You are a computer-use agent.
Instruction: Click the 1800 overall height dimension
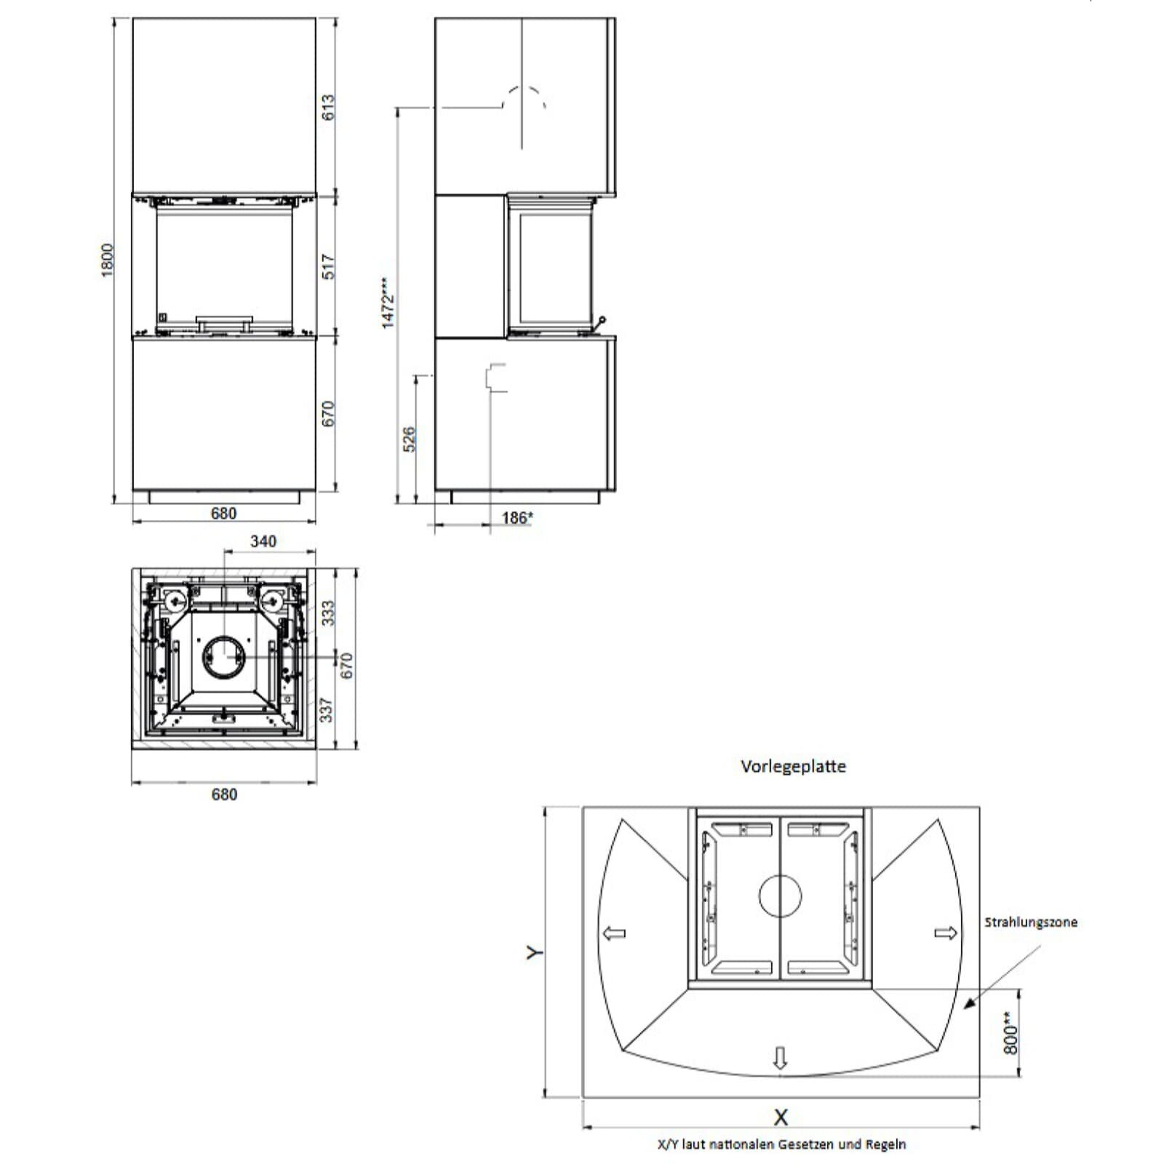point(107,260)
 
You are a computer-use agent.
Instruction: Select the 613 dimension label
point(328,108)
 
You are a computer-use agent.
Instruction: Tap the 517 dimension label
point(328,266)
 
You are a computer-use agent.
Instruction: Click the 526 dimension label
point(409,439)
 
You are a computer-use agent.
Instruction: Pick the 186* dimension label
point(517,518)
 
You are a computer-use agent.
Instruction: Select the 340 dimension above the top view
point(263,541)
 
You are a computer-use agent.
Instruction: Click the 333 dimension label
point(328,613)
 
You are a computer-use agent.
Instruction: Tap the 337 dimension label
point(327,710)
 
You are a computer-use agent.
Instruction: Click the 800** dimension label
point(1010,1033)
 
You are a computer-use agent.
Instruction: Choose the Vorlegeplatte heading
point(793,766)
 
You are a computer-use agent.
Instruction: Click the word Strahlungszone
point(1030,922)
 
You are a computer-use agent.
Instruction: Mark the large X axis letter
point(781,1117)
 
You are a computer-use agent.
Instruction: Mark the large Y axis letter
point(535,952)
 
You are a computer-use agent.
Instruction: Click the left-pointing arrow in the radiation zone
point(615,933)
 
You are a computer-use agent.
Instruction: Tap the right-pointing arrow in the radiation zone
point(945,933)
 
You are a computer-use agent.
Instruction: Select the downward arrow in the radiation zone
point(781,1057)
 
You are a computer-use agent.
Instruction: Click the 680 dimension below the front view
point(223,514)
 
